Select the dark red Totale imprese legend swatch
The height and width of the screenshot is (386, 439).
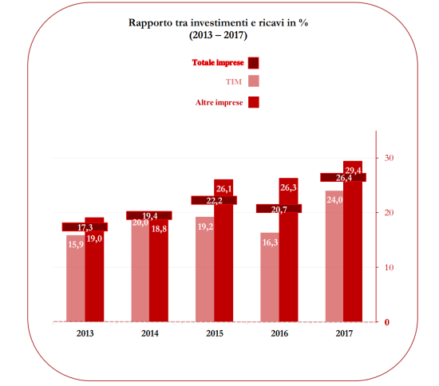click(x=254, y=62)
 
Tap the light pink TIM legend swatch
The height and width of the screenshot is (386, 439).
click(x=254, y=81)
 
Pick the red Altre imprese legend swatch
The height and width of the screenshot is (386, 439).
click(x=254, y=101)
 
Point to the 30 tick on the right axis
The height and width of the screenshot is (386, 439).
click(x=388, y=158)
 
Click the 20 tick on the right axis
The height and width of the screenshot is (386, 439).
click(x=388, y=213)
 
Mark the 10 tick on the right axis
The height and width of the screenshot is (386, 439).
click(x=388, y=267)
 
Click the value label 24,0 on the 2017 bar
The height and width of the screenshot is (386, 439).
click(x=334, y=200)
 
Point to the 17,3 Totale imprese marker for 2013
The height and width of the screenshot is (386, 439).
click(x=85, y=227)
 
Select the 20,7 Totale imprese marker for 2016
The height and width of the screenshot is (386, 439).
click(x=279, y=209)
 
